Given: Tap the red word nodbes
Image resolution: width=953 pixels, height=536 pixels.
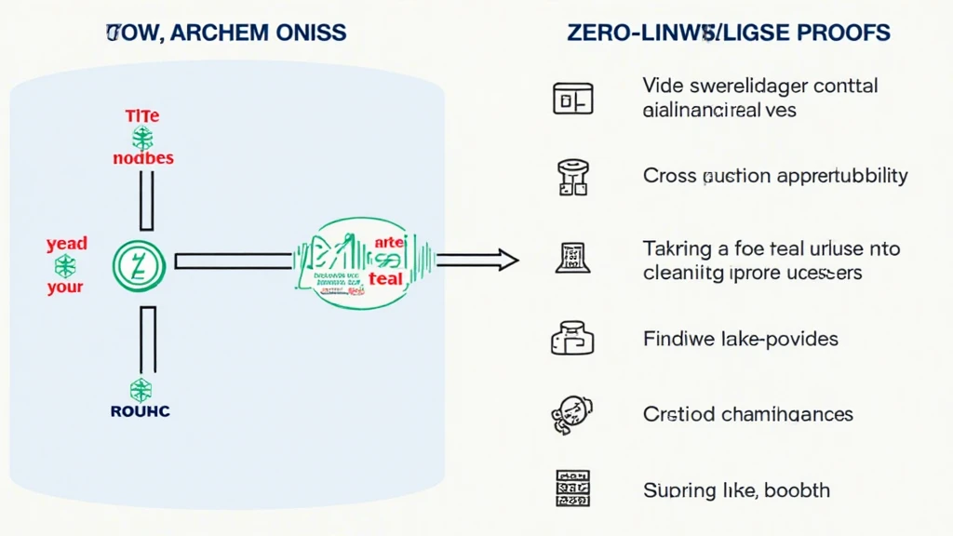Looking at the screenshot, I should click(142, 158).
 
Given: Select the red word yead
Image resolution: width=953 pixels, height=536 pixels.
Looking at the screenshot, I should click(66, 244).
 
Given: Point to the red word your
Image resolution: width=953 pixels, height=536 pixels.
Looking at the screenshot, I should click(65, 288).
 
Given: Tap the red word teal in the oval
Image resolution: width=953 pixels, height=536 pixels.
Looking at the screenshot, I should click(385, 278).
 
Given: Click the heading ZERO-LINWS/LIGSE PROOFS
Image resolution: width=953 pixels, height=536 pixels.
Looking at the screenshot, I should click(728, 33).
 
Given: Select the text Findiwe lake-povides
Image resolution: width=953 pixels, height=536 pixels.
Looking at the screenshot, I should click(740, 338).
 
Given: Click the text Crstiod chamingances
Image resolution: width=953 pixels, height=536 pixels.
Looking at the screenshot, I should click(747, 413).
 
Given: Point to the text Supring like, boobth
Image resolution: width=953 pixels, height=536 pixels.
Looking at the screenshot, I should click(736, 489).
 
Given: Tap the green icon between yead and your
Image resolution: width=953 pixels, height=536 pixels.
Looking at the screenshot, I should click(65, 267).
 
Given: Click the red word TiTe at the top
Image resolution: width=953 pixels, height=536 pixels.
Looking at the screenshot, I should click(142, 117).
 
